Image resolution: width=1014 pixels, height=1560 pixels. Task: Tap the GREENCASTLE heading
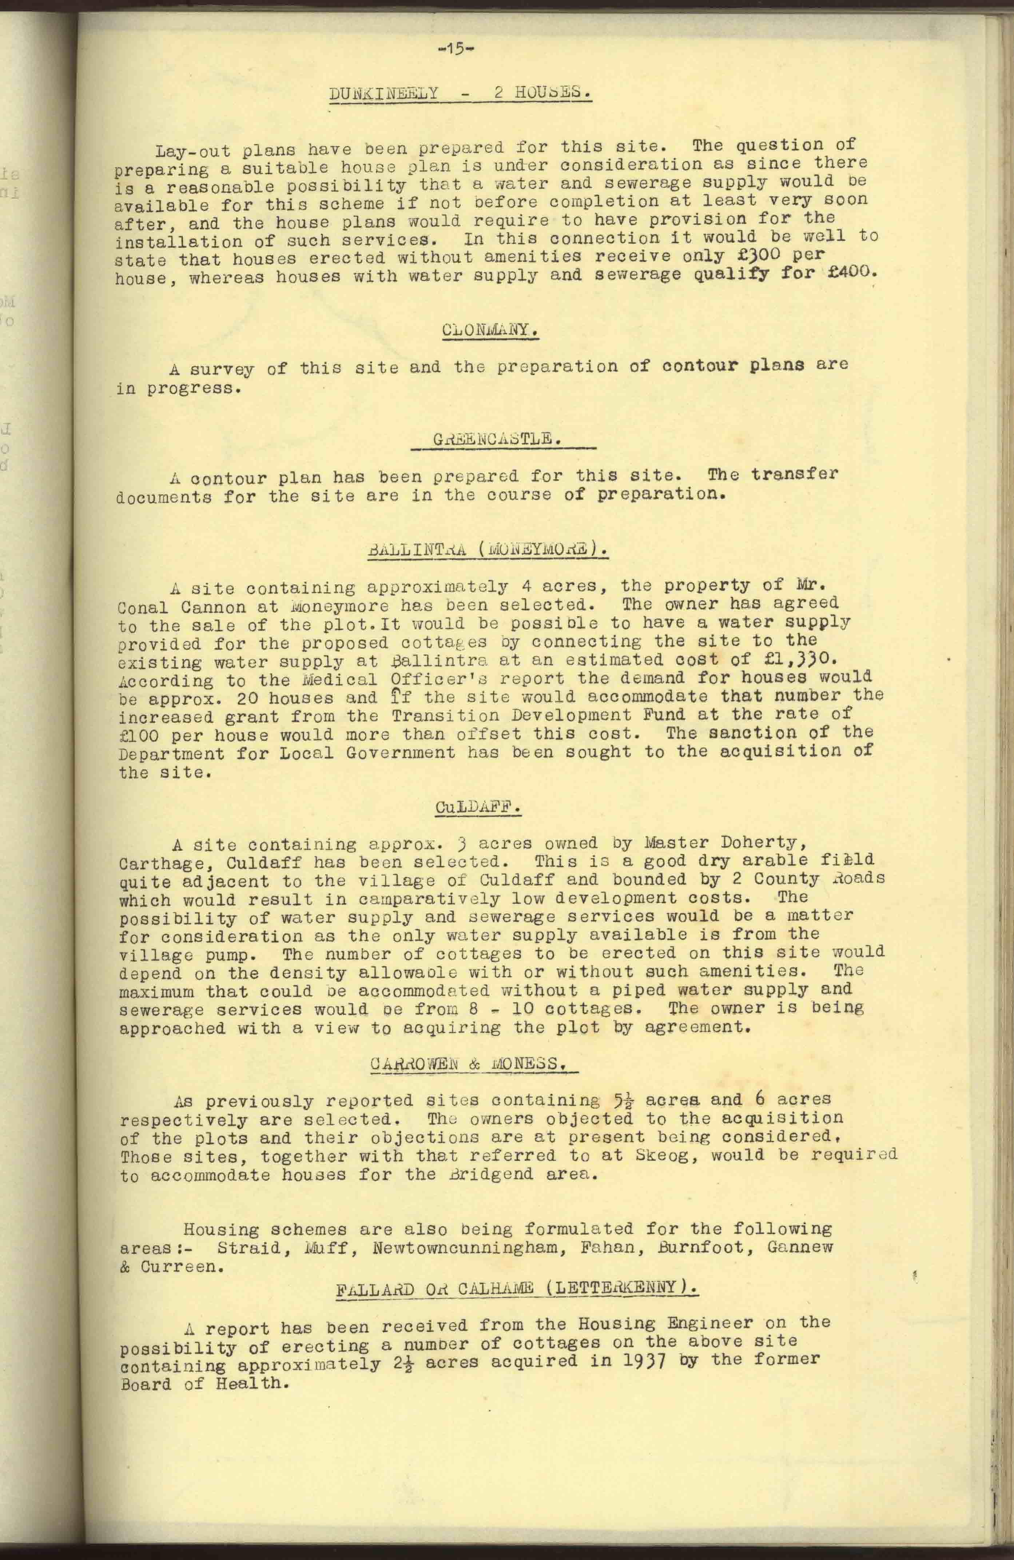point(497,439)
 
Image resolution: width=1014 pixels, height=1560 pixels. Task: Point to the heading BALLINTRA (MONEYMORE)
point(488,548)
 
